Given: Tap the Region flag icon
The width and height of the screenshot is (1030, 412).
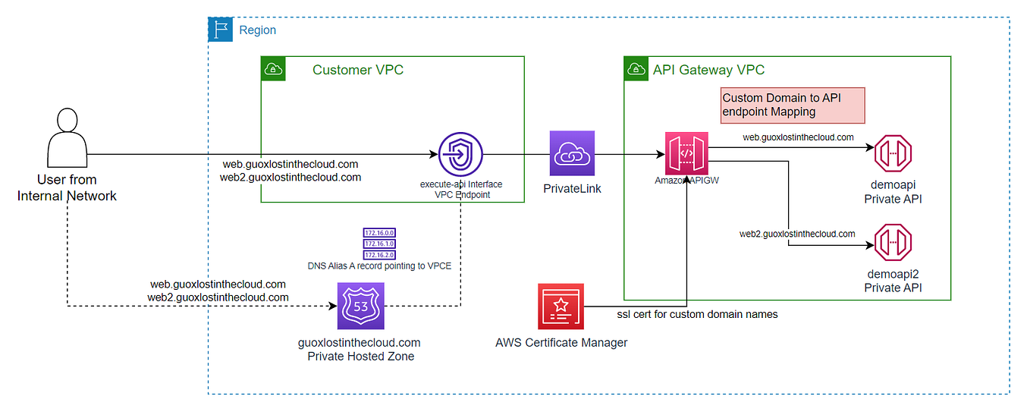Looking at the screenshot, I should tap(221, 30).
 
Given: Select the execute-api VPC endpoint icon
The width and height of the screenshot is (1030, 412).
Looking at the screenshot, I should tap(461, 154).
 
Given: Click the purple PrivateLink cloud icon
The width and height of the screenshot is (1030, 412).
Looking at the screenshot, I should tap(573, 154).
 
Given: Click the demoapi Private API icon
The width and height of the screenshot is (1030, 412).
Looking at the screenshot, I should tap(892, 154).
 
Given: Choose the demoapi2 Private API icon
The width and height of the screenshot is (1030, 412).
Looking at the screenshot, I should tap(892, 242).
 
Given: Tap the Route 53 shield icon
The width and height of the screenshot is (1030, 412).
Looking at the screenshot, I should tap(360, 306).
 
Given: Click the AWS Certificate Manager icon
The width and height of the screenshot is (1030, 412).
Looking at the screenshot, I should tap(561, 306).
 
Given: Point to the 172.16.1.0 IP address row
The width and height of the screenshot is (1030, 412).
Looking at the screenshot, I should tap(379, 244).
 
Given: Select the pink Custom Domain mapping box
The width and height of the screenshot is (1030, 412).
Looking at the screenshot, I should tap(792, 105).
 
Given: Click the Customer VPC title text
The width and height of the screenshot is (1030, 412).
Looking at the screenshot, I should tap(358, 70).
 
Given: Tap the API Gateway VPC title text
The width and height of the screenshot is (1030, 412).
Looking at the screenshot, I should tap(708, 70).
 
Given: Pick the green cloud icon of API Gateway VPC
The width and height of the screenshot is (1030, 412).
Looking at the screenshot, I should tap(635, 69).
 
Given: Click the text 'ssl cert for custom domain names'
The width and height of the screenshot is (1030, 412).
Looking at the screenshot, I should tap(697, 314).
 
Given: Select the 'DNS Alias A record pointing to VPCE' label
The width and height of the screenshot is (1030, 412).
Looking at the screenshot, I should tap(380, 266).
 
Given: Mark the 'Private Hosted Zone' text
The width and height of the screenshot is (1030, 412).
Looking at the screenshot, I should tap(360, 356).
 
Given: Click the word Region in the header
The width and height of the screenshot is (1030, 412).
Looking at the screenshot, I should tap(257, 30).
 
